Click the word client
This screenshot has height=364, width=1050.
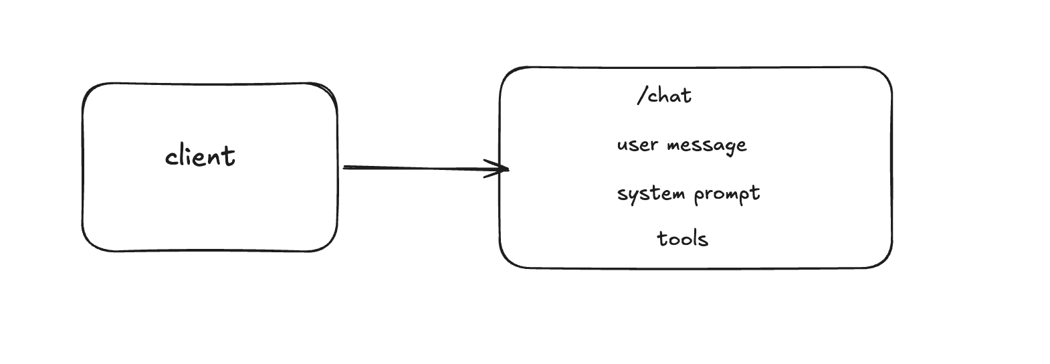200,157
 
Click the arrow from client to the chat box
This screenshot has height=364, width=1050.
421,168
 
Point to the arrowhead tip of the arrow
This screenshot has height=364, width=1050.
508,169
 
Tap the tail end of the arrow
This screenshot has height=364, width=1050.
344,167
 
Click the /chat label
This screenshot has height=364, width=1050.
664,96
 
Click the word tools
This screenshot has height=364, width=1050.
682,239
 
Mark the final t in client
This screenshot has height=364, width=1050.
229,157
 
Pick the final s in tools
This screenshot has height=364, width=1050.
704,240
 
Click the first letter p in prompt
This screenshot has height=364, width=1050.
699,196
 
